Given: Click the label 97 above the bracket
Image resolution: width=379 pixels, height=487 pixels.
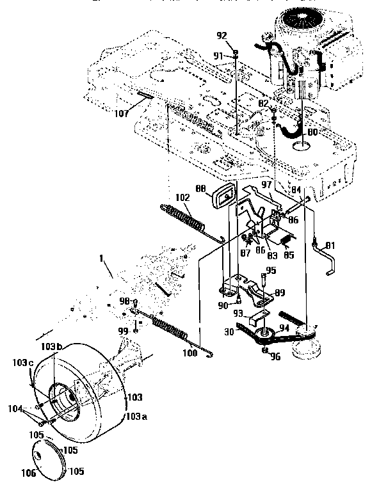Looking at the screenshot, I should [268, 186].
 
